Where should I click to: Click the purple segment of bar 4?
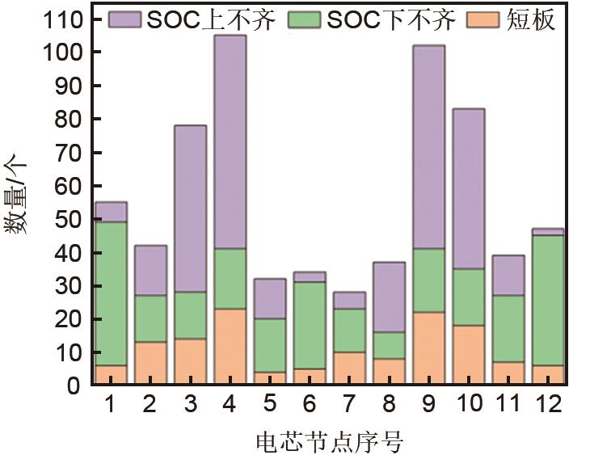tap(229, 141)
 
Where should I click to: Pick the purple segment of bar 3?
tap(189, 209)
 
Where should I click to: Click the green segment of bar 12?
tap(547, 300)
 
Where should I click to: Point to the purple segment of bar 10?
tap(468, 188)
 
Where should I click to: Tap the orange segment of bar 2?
tap(150, 363)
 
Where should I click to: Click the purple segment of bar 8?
tap(388, 297)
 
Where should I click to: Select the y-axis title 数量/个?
tap(18, 194)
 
